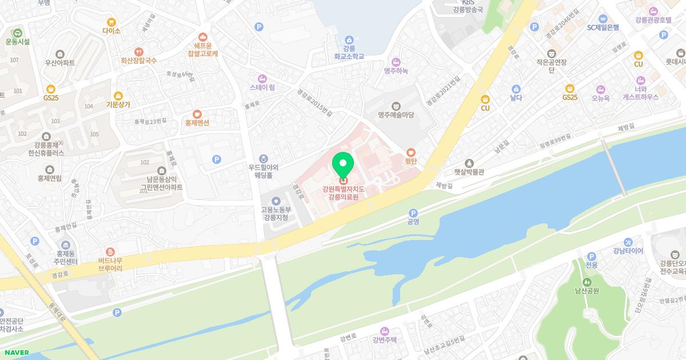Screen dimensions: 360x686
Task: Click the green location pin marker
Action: click(x=343, y=165)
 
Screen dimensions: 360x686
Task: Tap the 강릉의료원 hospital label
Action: click(x=343, y=193)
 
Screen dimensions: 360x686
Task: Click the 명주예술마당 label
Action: click(x=396, y=115)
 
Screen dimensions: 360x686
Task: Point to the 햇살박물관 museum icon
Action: click(x=469, y=163)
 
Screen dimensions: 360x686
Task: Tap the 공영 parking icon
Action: click(x=413, y=213)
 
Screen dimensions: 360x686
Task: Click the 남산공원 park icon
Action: click(x=587, y=282)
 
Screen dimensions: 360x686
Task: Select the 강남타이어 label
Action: click(x=628, y=251)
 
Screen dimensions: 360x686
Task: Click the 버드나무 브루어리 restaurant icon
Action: click(x=110, y=251)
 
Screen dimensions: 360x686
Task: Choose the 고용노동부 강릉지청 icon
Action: click(x=276, y=201)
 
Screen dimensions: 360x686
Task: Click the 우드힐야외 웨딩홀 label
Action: click(x=263, y=171)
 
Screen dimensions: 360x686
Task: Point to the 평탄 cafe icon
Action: click(x=411, y=152)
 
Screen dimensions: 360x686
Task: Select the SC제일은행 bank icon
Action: click(x=603, y=18)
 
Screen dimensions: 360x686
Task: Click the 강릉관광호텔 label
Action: click(x=653, y=20)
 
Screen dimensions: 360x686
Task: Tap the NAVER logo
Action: click(x=15, y=353)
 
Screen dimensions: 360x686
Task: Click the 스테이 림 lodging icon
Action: click(x=262, y=78)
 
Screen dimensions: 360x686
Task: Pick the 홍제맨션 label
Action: click(x=197, y=123)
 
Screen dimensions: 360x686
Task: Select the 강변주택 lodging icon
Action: click(x=384, y=331)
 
